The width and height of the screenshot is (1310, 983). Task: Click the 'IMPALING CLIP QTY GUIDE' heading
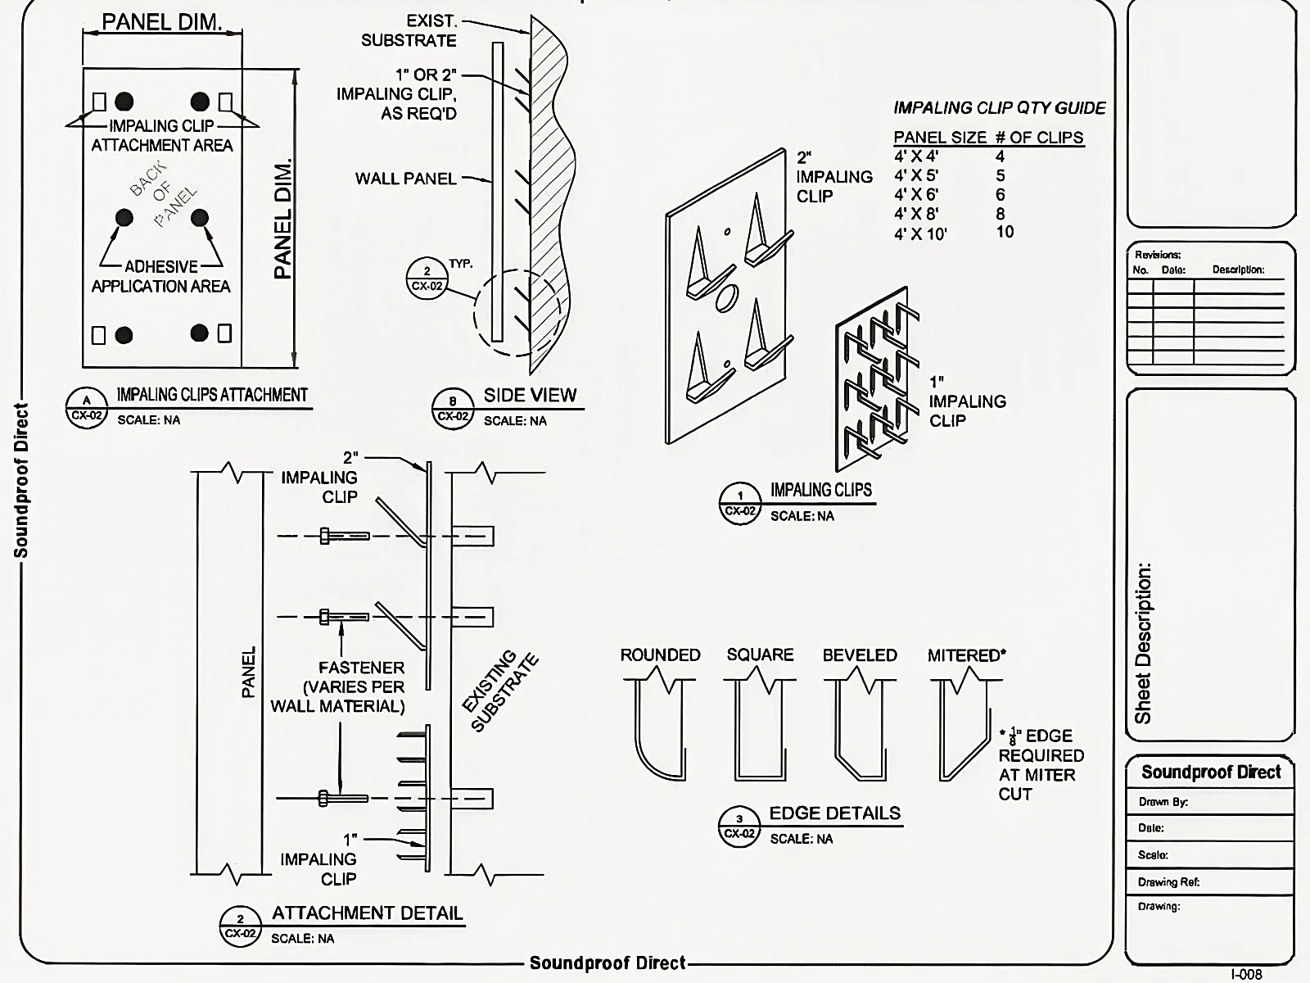(999, 108)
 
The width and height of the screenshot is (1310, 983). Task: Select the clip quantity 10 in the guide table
(1005, 232)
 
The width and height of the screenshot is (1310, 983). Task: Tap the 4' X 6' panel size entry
(915, 195)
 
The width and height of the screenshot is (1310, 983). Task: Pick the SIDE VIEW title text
(530, 395)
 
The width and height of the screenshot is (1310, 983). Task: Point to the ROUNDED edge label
(660, 655)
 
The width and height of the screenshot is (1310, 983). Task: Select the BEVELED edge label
(860, 655)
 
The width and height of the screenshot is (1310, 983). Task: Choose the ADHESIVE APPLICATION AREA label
(161, 277)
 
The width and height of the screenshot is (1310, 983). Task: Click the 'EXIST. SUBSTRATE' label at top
(409, 31)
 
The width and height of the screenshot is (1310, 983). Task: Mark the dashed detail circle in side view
(516, 313)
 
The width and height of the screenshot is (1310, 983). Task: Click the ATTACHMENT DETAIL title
(367, 913)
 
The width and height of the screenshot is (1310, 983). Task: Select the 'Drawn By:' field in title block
(1163, 802)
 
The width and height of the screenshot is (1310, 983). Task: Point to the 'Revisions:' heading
(1157, 255)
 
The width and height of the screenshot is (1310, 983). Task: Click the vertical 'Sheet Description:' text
(1144, 643)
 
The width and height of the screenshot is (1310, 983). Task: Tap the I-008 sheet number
(1246, 974)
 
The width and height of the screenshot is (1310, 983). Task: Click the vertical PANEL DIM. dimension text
(282, 220)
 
